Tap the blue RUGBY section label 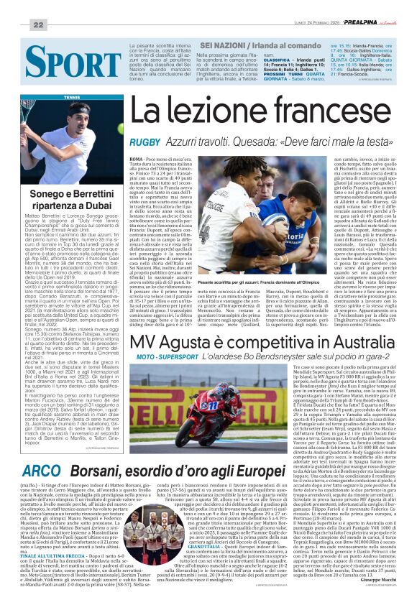(145, 142)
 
